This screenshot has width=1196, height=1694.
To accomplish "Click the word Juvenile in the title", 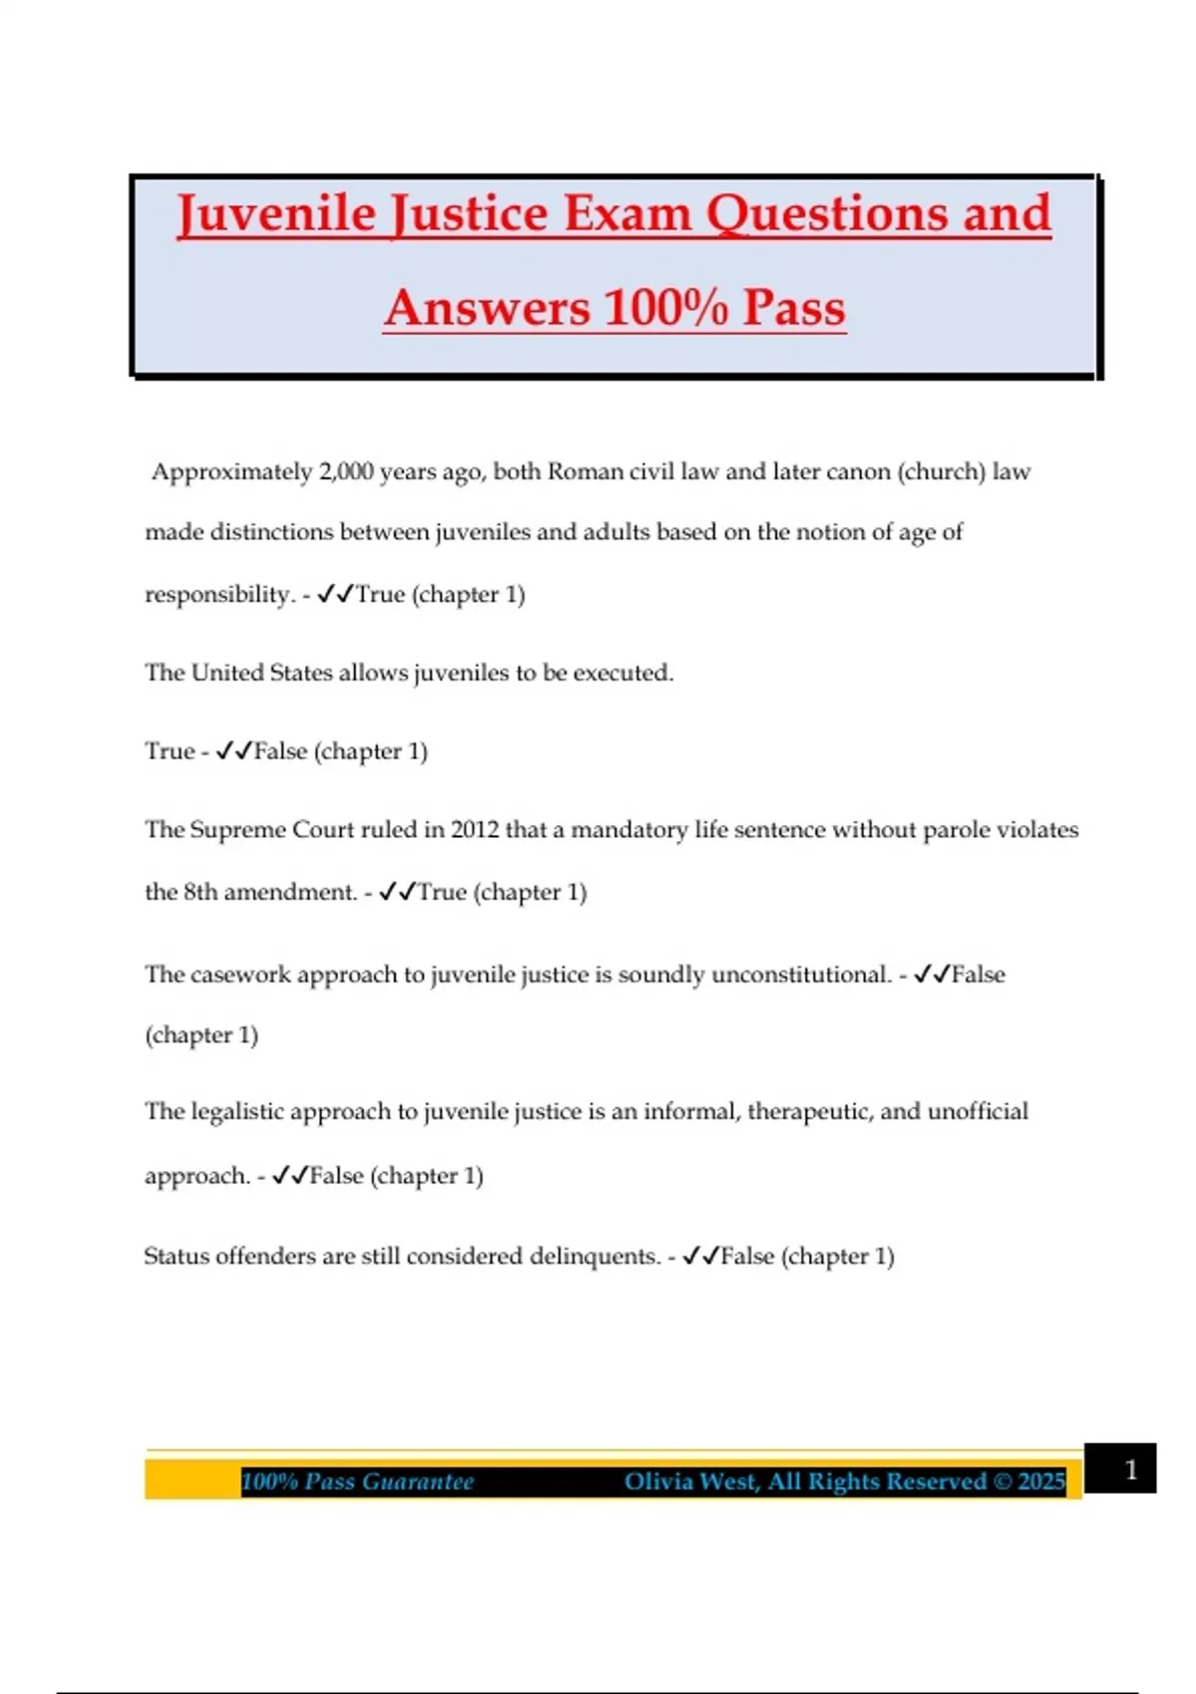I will tap(277, 214).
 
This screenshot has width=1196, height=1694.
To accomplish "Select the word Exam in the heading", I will tap(628, 214).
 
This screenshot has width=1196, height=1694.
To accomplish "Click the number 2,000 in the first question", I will tap(346, 471).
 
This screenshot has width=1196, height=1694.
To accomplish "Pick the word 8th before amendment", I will tap(200, 892).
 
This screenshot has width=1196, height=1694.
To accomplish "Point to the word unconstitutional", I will tap(800, 974).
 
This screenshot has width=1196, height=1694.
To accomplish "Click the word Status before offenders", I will tap(176, 1256).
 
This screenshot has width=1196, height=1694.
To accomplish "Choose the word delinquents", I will tap(594, 1256).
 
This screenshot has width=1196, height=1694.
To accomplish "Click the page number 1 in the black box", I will tap(1130, 1470).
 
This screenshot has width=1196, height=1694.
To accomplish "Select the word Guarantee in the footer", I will tap(418, 1482).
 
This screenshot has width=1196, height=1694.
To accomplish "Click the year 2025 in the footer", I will tap(1042, 1482).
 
